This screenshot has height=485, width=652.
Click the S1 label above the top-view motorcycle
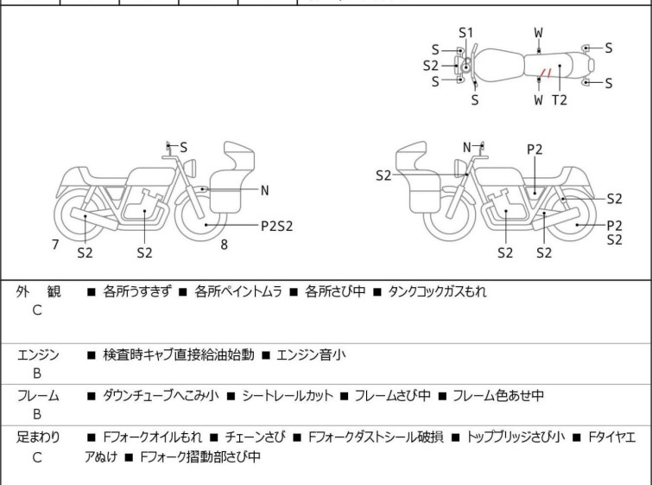click(x=466, y=33)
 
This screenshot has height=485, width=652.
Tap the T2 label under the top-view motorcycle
click(x=560, y=99)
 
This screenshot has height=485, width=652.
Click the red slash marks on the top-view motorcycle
click(x=542, y=73)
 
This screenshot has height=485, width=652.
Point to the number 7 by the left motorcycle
click(x=55, y=245)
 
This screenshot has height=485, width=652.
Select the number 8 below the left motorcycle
click(x=224, y=245)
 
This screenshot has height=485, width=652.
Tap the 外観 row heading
click(x=38, y=292)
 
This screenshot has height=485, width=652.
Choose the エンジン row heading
click(x=38, y=354)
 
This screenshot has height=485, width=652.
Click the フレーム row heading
click(x=38, y=396)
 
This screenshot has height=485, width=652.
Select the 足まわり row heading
click(x=38, y=437)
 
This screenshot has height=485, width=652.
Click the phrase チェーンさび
click(x=262, y=437)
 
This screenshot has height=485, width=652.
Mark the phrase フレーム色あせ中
click(x=501, y=396)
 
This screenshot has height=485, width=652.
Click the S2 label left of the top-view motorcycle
click(x=431, y=65)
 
